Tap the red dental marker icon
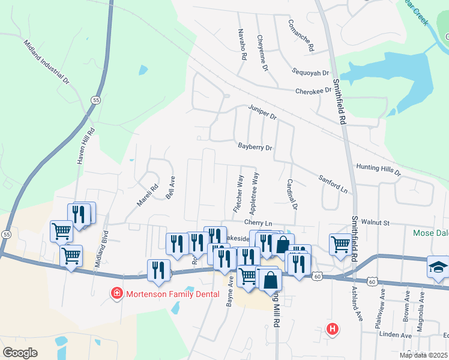pyautogui.click(x=115, y=293)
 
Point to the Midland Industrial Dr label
pyautogui.click(x=48, y=62)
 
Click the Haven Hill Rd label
pyautogui.click(x=85, y=146)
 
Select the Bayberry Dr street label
pyautogui.click(x=255, y=146)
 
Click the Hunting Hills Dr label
pyautogui.click(x=378, y=169)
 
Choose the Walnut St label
pyautogui.click(x=375, y=223)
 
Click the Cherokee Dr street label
pyautogui.click(x=313, y=91)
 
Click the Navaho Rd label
pyautogui.click(x=243, y=44)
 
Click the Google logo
pyautogui.click(x=20, y=353)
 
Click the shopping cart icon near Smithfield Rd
pyautogui.click(x=340, y=244)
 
